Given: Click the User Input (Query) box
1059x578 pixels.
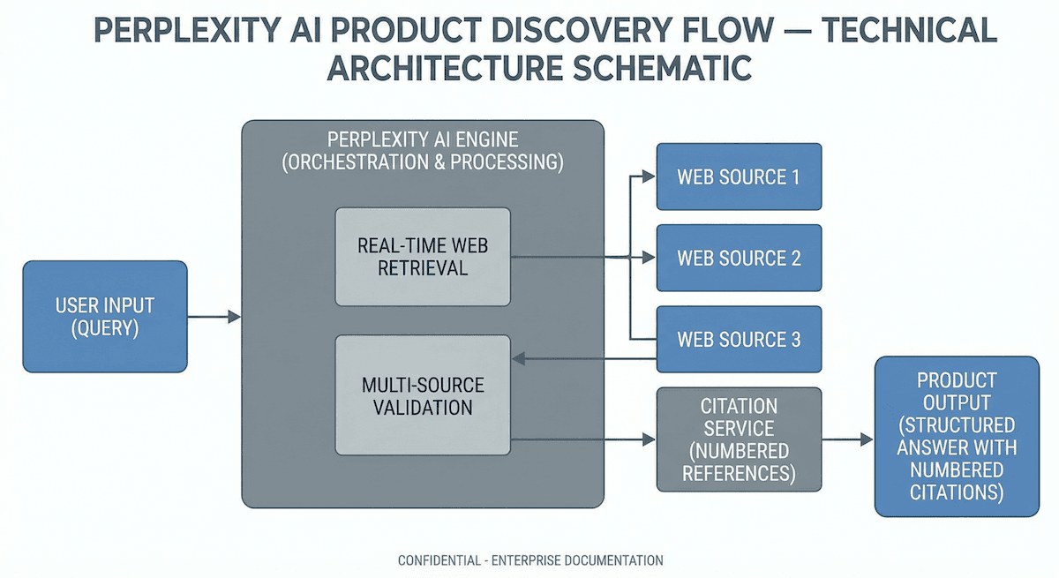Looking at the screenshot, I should [x=105, y=316].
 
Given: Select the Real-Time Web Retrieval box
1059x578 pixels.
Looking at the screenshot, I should [x=423, y=257].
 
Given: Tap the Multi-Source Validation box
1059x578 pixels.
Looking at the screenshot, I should [x=423, y=395].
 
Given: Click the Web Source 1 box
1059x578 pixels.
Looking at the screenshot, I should [x=739, y=176].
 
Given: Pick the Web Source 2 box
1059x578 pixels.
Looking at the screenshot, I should [x=739, y=258].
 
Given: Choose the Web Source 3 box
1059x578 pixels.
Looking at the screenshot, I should [x=739, y=339].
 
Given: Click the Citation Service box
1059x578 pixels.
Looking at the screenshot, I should [x=739, y=439].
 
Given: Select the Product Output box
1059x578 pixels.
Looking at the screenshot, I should [x=957, y=436].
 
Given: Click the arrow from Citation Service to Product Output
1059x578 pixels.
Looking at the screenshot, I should [x=847, y=439].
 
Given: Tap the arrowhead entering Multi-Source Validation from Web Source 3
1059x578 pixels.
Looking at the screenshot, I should [x=518, y=359].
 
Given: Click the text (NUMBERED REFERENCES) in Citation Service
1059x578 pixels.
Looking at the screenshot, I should [x=739, y=462].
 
